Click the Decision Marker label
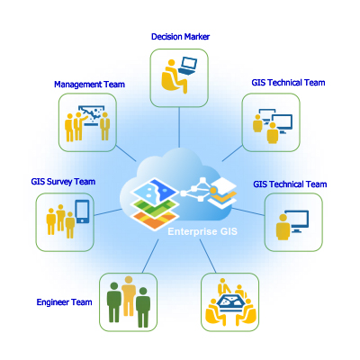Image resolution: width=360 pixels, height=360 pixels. (180, 37)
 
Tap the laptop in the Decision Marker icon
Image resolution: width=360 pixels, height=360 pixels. (187, 66)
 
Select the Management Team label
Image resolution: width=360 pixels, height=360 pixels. (89, 85)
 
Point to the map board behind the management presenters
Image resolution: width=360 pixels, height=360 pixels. (92, 114)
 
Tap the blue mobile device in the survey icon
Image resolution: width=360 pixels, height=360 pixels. (82, 211)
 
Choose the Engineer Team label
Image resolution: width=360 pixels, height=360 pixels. (64, 302)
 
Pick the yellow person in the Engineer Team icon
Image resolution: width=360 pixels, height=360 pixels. (129, 295)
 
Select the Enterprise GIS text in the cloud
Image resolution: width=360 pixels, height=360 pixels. (202, 231)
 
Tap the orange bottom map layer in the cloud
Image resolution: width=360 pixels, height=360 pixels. (154, 220)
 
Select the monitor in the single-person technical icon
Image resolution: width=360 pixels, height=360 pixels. (296, 221)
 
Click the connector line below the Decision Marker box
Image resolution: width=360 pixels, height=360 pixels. (179, 127)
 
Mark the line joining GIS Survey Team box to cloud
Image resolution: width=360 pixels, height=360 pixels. (108, 212)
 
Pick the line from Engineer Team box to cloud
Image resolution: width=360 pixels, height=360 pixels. (150, 256)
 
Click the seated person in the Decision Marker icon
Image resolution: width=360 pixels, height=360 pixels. (173, 76)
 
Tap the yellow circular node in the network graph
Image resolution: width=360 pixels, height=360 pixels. (213, 191)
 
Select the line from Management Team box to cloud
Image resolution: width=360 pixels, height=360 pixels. (126, 153)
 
